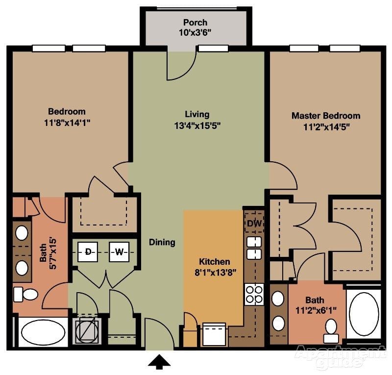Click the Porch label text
tap(195, 23)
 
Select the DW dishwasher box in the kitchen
tap(253, 224)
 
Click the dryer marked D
tap(89, 252)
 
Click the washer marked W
tap(119, 252)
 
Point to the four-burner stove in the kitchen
tap(254, 294)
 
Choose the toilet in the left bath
tap(26, 294)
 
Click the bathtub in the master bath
tap(364, 314)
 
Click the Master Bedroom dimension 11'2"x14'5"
tap(326, 126)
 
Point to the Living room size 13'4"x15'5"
tap(197, 125)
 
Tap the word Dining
tap(162, 242)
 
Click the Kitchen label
tap(215, 262)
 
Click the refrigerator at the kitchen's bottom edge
tap(214, 334)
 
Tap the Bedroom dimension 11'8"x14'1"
tap(67, 122)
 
